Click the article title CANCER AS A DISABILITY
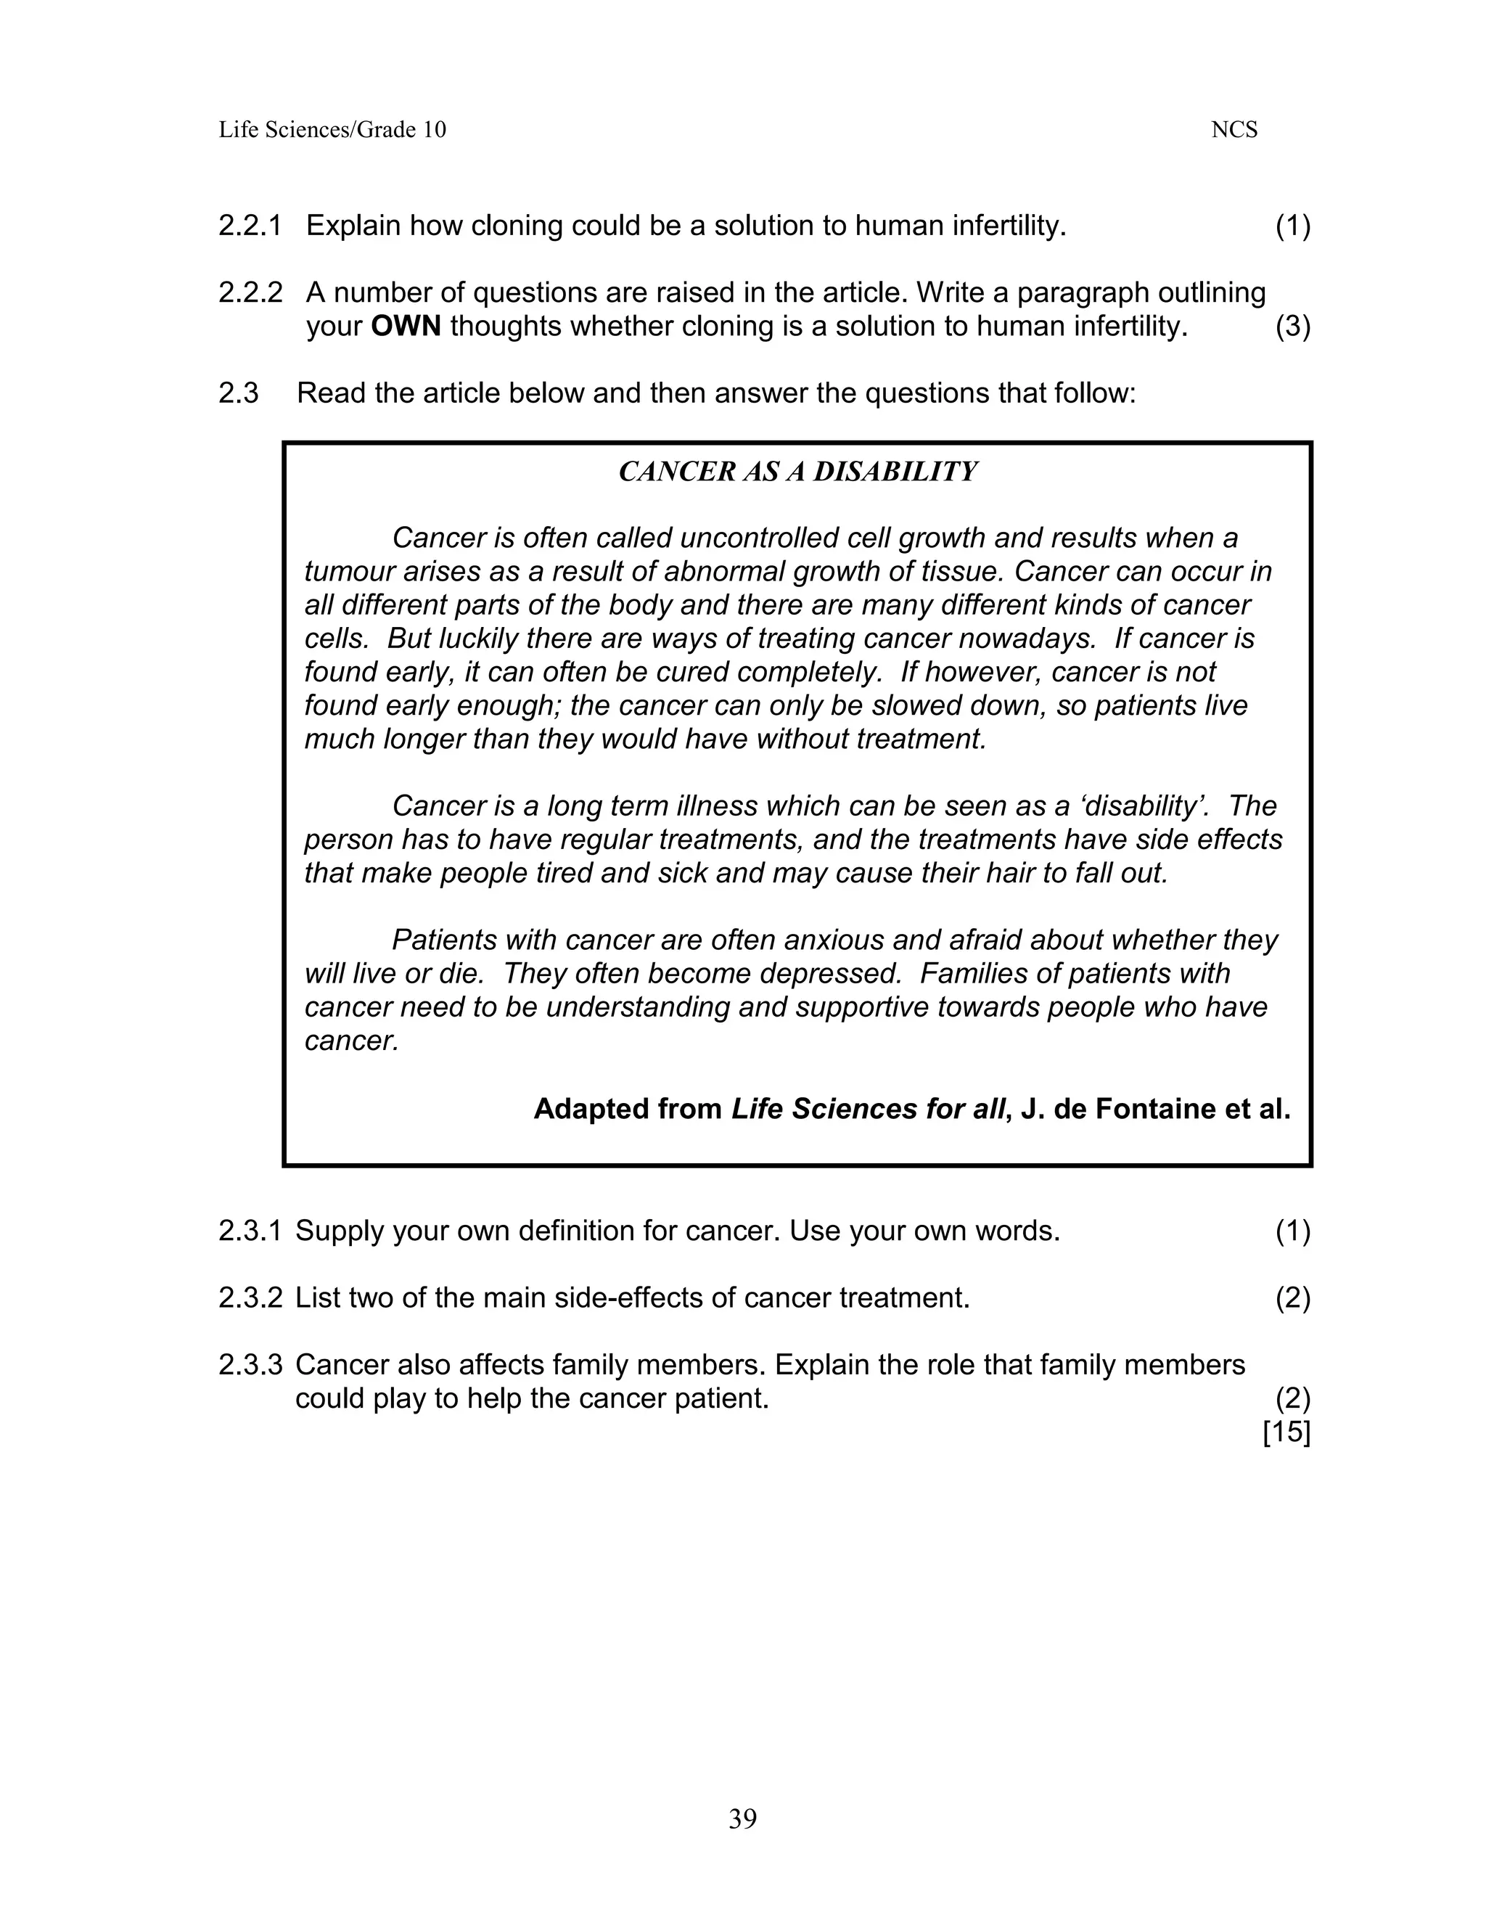pos(797,472)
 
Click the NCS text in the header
pos(1233,131)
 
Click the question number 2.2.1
pos(250,226)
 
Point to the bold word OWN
pos(405,327)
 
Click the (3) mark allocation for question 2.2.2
pos(1292,327)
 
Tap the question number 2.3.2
pos(250,1298)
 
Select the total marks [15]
pos(1286,1432)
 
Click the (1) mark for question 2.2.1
pos(1292,226)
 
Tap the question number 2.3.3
pos(250,1365)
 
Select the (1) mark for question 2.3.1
pos(1292,1231)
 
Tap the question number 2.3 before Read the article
pos(238,393)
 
